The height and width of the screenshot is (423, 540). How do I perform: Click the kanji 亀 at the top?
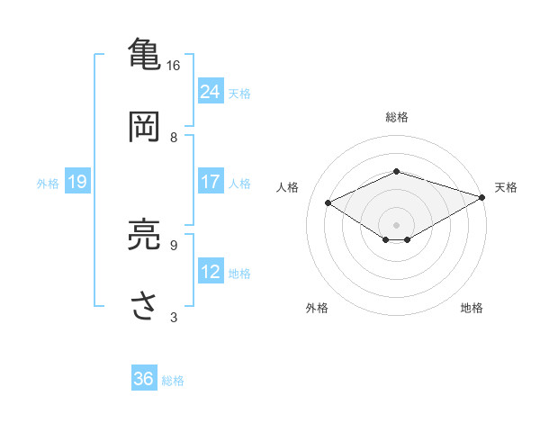[144, 53]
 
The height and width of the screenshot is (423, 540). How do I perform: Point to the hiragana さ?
[144, 306]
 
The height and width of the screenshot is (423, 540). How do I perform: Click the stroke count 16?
[174, 66]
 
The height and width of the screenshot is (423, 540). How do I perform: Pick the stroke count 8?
[174, 138]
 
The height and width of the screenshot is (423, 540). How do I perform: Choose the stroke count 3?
[174, 317]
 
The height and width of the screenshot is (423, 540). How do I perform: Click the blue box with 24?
[211, 91]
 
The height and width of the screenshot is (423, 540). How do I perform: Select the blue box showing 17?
[211, 182]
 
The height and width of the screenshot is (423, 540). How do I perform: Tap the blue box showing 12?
[211, 272]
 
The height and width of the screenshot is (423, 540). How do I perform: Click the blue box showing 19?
[76, 182]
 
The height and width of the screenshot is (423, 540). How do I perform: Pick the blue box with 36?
[144, 379]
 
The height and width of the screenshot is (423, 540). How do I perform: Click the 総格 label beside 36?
[174, 381]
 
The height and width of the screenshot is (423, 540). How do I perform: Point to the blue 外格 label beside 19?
[48, 184]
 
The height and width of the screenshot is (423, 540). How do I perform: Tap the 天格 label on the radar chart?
[506, 187]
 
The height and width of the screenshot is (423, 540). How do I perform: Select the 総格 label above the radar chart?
[397, 117]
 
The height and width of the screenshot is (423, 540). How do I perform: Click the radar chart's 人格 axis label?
[288, 187]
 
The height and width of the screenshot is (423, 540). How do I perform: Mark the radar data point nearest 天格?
[483, 197]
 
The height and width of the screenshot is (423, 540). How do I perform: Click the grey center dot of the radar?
[397, 224]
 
